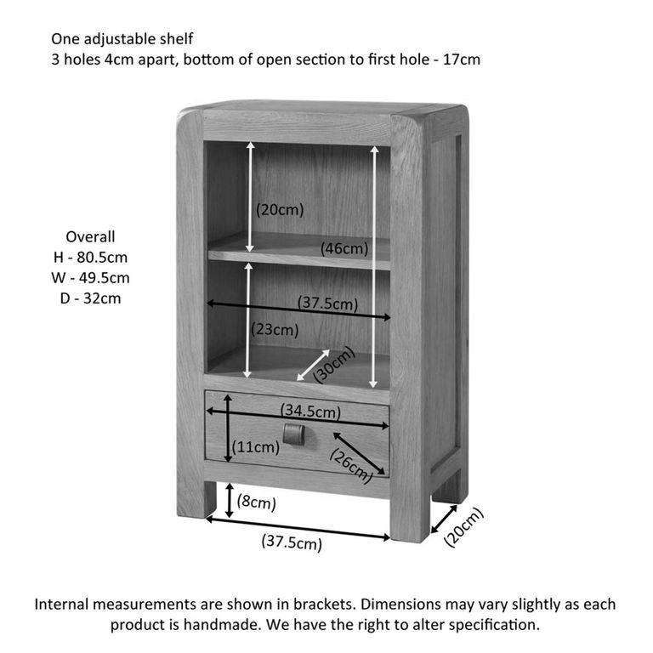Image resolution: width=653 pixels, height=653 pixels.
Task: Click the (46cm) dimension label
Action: point(344,249)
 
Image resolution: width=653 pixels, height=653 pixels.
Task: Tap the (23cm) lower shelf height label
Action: point(275,330)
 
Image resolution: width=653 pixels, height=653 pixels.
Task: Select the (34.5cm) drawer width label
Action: point(310,411)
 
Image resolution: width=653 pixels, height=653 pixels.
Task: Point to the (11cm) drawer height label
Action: point(256,447)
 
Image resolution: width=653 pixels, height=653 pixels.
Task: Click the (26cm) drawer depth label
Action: point(350,466)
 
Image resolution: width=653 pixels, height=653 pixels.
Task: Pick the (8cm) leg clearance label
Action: point(257,502)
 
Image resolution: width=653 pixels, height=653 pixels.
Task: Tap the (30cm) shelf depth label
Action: point(334,365)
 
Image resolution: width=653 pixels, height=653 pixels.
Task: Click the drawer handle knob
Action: point(294,434)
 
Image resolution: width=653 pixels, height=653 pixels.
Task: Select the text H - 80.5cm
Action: point(90,258)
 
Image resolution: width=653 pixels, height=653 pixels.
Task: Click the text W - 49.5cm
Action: point(90,278)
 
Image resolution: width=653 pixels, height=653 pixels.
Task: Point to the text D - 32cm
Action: point(90,298)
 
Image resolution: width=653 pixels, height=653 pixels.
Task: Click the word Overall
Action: point(90,236)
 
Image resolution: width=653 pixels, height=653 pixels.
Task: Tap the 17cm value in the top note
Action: point(462,60)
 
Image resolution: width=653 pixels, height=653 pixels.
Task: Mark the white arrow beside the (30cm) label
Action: point(313,366)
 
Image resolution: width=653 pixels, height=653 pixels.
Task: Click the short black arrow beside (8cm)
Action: point(229,501)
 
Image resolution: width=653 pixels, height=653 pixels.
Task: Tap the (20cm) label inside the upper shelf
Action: point(280,209)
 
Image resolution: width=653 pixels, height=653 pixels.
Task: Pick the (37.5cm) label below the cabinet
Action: point(292,542)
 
